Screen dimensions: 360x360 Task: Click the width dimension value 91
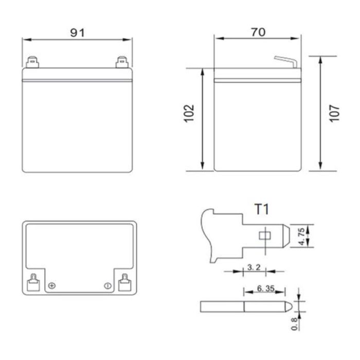pos(78,32)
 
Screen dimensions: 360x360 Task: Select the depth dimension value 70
pos(258,32)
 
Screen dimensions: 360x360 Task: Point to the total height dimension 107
pos(335,113)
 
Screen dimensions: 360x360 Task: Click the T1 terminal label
pos(262,209)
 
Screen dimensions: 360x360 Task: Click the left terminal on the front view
pos(32,62)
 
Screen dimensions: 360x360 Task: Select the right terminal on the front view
pos(122,62)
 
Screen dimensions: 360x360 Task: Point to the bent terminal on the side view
pos(285,60)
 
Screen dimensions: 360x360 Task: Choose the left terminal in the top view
pos(32,281)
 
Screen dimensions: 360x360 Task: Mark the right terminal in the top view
pos(124,281)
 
